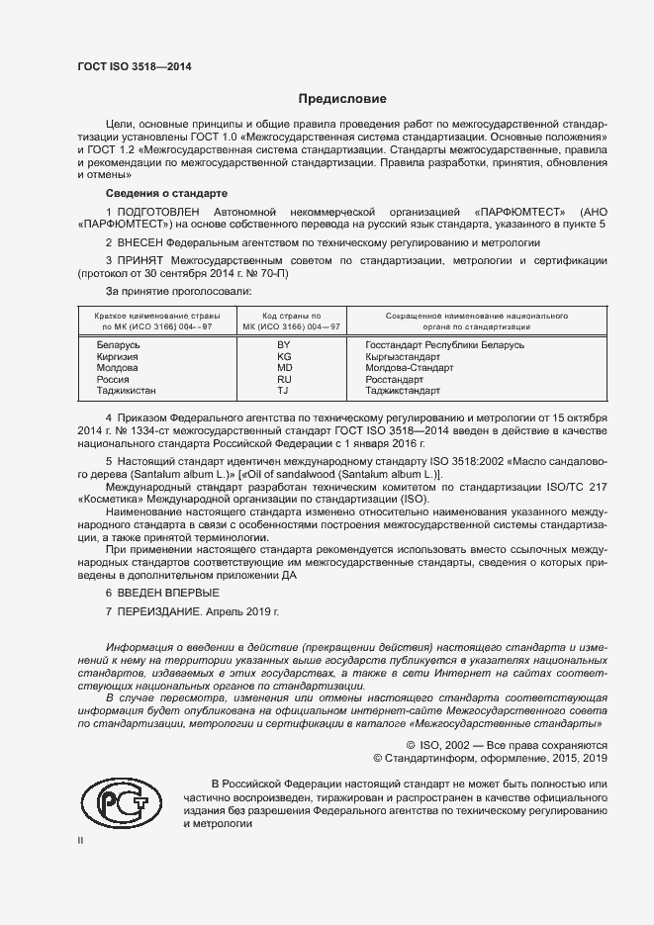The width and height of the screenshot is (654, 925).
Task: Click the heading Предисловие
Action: [x=342, y=100]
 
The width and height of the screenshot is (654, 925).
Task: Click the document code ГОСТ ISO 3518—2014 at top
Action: [x=134, y=66]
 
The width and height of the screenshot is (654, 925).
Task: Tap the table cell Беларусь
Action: [x=119, y=344]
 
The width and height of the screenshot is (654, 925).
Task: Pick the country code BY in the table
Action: [x=284, y=344]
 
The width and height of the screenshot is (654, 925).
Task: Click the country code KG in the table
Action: [x=284, y=356]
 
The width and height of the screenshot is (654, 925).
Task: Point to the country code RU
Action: [x=284, y=380]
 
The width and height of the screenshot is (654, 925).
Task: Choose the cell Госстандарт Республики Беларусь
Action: [x=444, y=344]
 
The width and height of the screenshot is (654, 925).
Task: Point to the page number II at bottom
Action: [x=81, y=841]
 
